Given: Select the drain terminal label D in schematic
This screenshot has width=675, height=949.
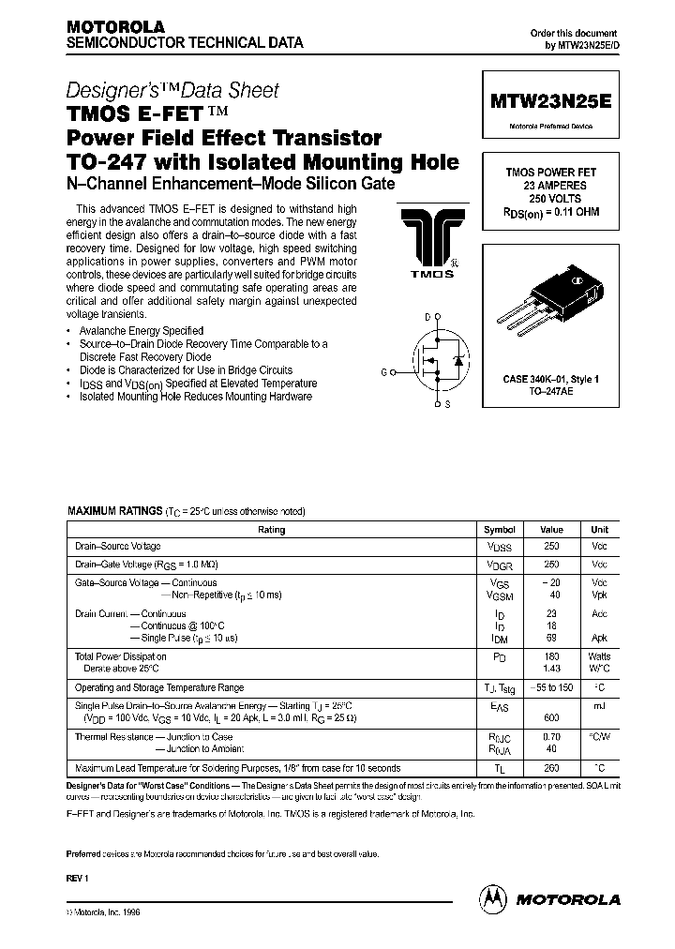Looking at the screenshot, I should coord(427,318).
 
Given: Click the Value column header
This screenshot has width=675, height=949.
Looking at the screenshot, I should coord(552,530).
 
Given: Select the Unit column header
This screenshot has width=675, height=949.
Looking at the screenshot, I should coord(598,530).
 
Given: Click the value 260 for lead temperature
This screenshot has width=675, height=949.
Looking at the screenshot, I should coord(552,767).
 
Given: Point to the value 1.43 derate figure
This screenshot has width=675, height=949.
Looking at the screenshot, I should coord(552,670).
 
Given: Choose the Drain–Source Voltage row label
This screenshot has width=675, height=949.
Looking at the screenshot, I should coord(118,547).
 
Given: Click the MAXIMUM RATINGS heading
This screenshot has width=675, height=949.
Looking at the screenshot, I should coord(114,511).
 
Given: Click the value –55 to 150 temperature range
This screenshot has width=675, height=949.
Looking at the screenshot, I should coord(552,687).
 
